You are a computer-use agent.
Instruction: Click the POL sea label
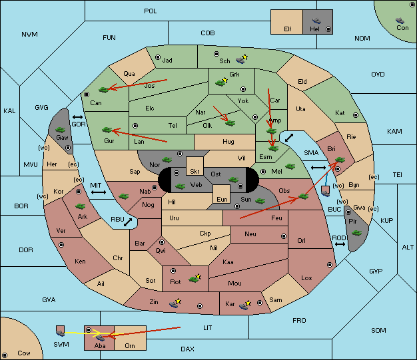point(151,11)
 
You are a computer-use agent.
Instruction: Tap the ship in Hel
point(316,21)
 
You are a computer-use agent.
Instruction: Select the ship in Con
point(400,21)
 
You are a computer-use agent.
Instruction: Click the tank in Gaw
point(60,130)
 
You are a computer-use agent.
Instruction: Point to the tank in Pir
point(356,233)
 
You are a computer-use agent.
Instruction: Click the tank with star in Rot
point(195,278)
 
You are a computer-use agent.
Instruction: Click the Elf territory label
point(288,29)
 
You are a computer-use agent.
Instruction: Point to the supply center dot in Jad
point(158,57)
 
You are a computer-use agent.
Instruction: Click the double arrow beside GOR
point(77,117)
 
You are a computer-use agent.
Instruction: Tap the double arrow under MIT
point(99,192)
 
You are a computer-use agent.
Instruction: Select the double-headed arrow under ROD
point(340,244)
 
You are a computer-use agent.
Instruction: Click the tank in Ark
point(80,206)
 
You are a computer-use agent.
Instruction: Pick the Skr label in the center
point(195,172)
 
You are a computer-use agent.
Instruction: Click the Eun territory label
point(222,199)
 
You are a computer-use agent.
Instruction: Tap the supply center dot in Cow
point(5,355)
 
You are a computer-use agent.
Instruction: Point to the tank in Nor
point(167,160)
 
